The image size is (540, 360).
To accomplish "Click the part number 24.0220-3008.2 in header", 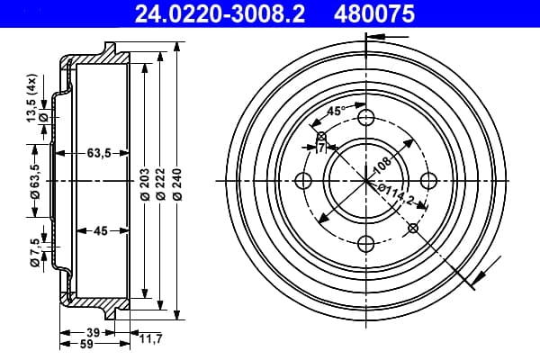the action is tap(220, 14).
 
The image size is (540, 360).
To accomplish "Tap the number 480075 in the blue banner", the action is tap(374, 14).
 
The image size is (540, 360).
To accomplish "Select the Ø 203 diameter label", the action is tap(145, 184).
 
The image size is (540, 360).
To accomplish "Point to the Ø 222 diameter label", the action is tap(160, 184).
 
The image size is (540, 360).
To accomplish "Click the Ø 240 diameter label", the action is tap(177, 184).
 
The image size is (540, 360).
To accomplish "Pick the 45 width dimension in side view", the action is tap(101, 230).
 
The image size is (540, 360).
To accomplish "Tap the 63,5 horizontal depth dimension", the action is tap(99, 153).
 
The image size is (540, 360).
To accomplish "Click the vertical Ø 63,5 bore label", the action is tap(35, 182).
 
